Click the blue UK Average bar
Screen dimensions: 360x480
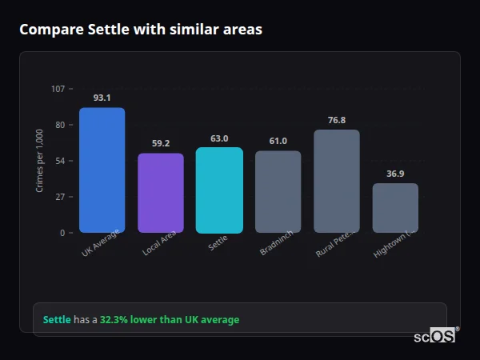point(102,170)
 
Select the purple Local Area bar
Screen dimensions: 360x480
point(161,193)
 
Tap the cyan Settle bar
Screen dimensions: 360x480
point(219,190)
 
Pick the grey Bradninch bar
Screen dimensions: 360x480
point(278,192)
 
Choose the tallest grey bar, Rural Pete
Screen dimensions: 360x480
point(337,182)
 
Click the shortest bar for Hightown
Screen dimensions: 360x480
point(395,208)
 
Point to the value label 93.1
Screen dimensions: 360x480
point(102,98)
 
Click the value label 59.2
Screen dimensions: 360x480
point(161,143)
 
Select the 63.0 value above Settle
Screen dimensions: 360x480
point(219,138)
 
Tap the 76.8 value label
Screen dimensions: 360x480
point(337,120)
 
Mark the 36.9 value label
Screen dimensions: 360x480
point(395,174)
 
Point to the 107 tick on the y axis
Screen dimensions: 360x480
point(58,89)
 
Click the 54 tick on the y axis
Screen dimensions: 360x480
point(60,161)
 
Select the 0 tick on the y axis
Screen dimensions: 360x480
point(62,233)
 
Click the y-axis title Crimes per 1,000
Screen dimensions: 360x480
point(40,161)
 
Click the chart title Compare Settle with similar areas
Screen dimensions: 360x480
point(141,30)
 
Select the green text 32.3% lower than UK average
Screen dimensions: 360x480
point(170,320)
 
